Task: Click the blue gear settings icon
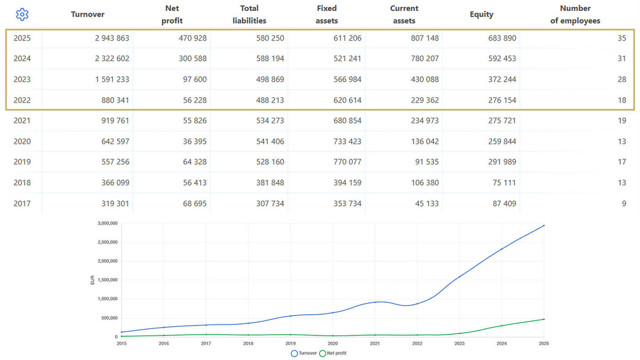click(x=22, y=14)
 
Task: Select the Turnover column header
click(x=88, y=14)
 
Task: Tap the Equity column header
click(x=481, y=14)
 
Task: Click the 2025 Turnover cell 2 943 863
click(x=112, y=38)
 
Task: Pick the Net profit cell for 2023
click(x=195, y=79)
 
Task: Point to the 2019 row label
click(x=22, y=162)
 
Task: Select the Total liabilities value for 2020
click(x=270, y=141)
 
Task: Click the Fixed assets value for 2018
click(x=347, y=182)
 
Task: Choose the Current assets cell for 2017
click(x=427, y=204)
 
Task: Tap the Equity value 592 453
click(x=502, y=58)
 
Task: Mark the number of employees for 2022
click(x=622, y=100)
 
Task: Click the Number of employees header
click(x=575, y=14)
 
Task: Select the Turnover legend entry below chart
click(x=304, y=353)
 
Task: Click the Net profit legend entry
click(x=333, y=353)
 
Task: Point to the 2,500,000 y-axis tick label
click(x=107, y=242)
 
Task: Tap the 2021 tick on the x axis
click(x=375, y=344)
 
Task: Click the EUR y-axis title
click(x=92, y=280)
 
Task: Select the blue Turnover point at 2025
click(x=544, y=226)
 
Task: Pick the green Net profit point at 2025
click(x=544, y=319)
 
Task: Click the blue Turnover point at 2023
click(x=459, y=277)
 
